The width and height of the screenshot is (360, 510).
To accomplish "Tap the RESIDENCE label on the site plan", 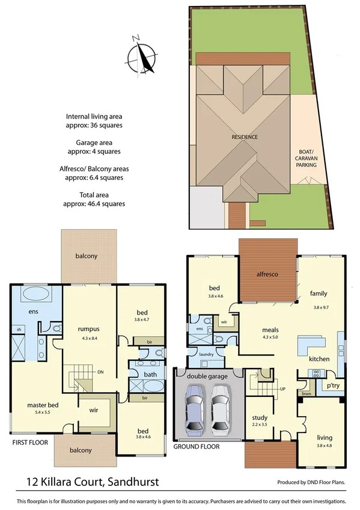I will click(245, 137).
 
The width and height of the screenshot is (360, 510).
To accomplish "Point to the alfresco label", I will click(267, 274).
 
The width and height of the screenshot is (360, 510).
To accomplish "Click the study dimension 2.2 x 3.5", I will click(260, 424).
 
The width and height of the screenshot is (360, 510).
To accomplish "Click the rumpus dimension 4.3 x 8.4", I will click(92, 337).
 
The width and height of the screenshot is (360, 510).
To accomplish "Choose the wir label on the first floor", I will click(94, 410).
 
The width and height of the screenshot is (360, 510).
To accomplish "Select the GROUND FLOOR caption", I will click(197, 447).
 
